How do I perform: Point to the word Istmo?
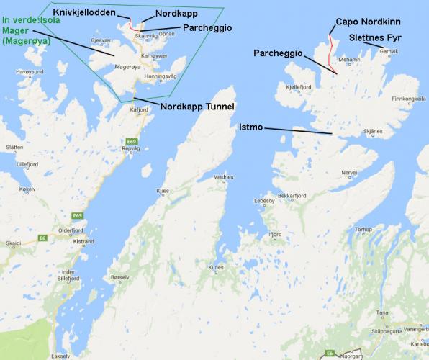[250, 126]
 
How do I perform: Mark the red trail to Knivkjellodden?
[131, 21]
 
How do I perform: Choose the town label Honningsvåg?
[161, 76]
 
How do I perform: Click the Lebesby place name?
[263, 201]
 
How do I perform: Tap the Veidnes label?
[224, 176]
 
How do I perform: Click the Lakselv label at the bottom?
[61, 356]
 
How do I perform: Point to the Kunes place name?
[217, 268]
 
